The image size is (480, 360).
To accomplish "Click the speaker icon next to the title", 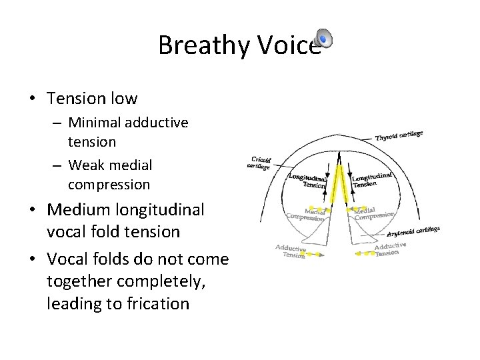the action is (x=322, y=39).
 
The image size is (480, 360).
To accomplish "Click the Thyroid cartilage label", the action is (x=399, y=135).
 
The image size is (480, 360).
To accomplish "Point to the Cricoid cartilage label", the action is (x=259, y=162).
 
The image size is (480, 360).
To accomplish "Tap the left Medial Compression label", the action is (x=305, y=214).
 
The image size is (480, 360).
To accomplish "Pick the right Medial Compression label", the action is (x=374, y=213).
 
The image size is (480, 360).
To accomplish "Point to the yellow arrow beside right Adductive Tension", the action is (x=363, y=254).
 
